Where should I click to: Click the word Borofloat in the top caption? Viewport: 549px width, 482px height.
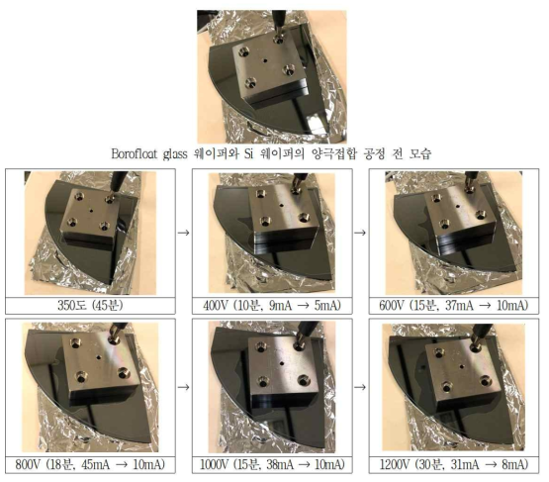point(135,153)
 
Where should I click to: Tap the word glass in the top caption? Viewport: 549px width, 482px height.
point(175,154)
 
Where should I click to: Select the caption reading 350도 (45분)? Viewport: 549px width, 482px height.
point(90,306)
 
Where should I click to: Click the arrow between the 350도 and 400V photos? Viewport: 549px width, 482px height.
point(183,233)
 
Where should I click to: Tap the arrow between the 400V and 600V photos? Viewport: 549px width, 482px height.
point(360,233)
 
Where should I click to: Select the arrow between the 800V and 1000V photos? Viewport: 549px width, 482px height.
point(183,387)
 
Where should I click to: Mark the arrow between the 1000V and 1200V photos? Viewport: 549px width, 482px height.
point(360,387)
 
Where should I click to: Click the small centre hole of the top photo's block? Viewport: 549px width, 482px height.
point(265,60)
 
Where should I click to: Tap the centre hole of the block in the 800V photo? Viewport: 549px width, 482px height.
point(100,357)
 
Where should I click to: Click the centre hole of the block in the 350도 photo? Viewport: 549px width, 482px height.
point(91,211)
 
